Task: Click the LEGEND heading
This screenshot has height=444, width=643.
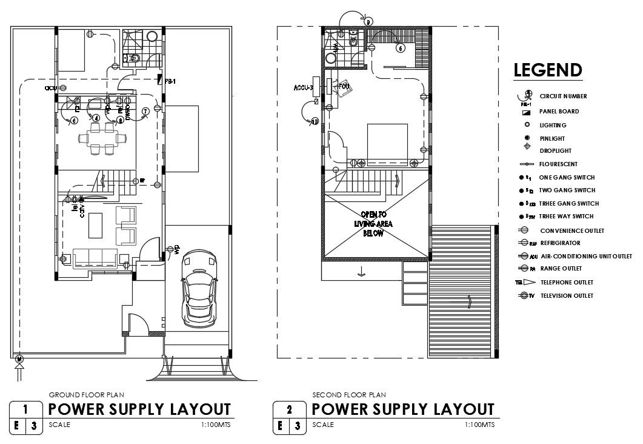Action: pyautogui.click(x=548, y=70)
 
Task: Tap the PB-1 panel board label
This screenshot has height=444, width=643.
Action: pyautogui.click(x=170, y=81)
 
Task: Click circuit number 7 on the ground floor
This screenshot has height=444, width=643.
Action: pyautogui.click(x=145, y=111)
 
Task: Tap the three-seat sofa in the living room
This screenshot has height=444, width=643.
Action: pyautogui.click(x=95, y=258)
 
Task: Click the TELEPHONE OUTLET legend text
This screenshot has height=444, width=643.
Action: pyautogui.click(x=567, y=282)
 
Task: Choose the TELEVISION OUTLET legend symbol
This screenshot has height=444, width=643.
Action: pyautogui.click(x=524, y=296)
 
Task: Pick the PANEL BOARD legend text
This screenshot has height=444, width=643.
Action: pyautogui.click(x=559, y=112)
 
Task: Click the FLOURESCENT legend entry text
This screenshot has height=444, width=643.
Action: pyautogui.click(x=558, y=164)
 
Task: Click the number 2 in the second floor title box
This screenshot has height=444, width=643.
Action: pyautogui.click(x=289, y=409)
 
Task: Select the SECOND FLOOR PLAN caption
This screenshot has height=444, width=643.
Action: pyautogui.click(x=341, y=395)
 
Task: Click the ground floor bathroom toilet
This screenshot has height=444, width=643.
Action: pyautogui.click(x=135, y=58)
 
